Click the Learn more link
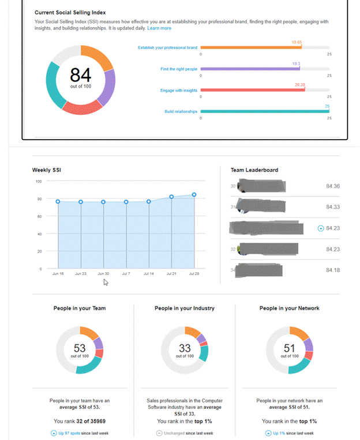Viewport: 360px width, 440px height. pyautogui.click(x=159, y=28)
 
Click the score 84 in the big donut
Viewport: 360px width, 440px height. pyautogui.click(x=80, y=74)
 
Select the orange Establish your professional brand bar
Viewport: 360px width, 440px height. pyautogui.click(x=251, y=47)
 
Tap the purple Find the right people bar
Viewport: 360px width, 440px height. pyautogui.click(x=250, y=69)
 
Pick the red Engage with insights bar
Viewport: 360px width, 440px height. pyautogui.click(x=252, y=90)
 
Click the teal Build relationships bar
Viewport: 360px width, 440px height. pyautogui.click(x=265, y=111)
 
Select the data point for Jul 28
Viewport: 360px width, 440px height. pyautogui.click(x=194, y=195)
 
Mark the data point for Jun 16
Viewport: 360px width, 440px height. pyautogui.click(x=58, y=201)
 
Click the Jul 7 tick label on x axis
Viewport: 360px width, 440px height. pyautogui.click(x=126, y=274)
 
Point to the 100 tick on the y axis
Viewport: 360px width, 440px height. pyautogui.click(x=39, y=181)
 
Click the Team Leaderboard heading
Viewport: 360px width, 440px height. pyautogui.click(x=254, y=170)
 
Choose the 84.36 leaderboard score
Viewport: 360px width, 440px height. pyautogui.click(x=333, y=186)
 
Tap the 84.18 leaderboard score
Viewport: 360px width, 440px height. pyautogui.click(x=333, y=270)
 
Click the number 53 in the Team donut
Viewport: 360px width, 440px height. pyautogui.click(x=80, y=348)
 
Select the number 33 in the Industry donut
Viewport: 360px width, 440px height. pyautogui.click(x=185, y=348)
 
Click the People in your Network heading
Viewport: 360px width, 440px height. pyautogui.click(x=290, y=308)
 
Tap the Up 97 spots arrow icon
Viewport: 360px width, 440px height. pyautogui.click(x=54, y=433)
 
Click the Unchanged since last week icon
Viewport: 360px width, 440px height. pyautogui.click(x=159, y=433)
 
